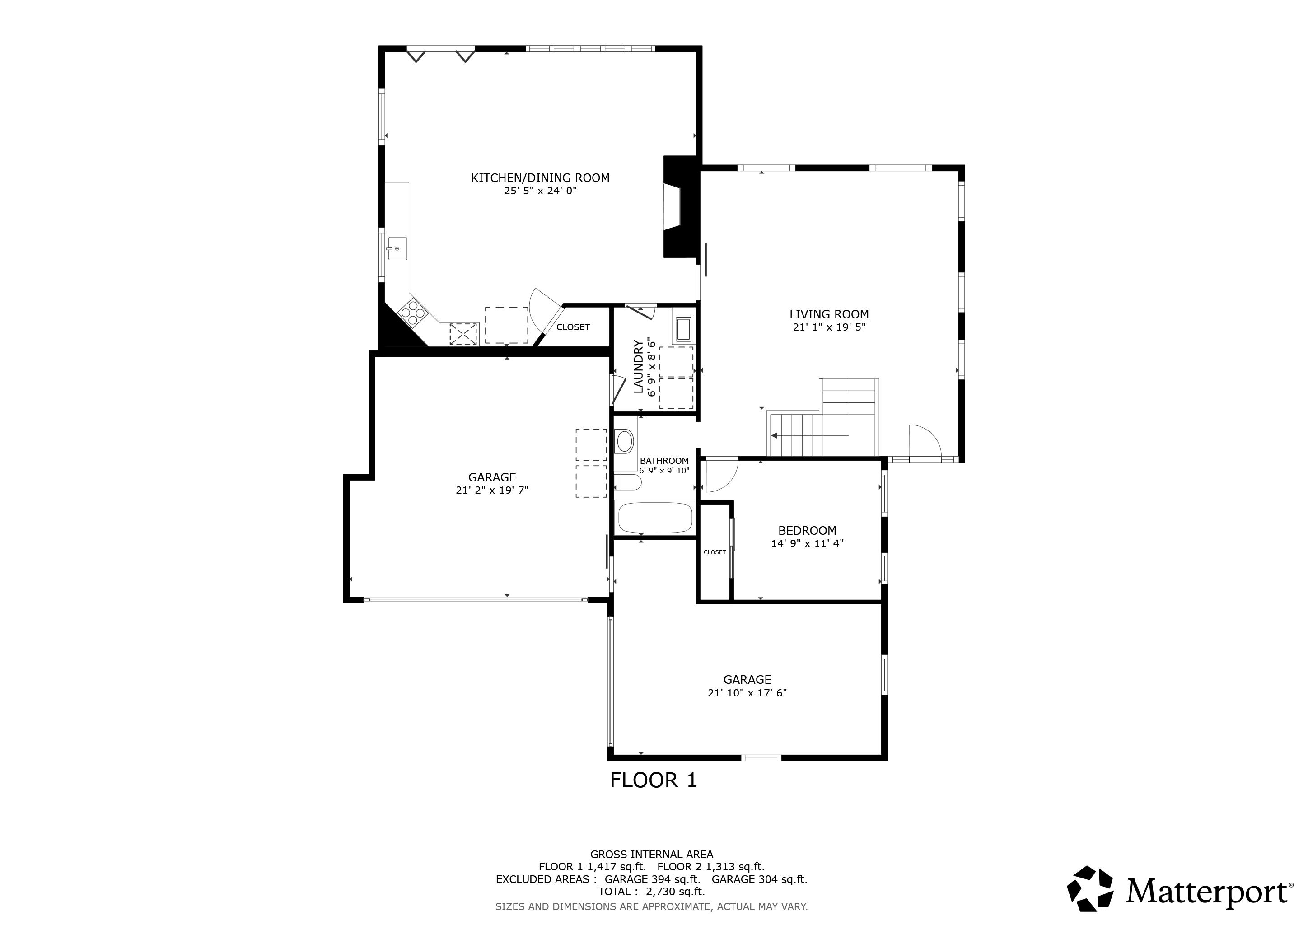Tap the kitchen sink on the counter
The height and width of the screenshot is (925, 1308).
pos(397,249)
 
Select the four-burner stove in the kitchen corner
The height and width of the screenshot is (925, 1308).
pos(413,313)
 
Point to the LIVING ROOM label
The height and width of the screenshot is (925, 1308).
pos(828,314)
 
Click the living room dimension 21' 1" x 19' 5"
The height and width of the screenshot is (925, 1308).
pos(828,327)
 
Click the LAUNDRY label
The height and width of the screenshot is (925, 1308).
pos(638,367)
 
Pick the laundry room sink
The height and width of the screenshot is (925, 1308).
pos(683,329)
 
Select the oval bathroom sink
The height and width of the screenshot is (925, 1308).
pos(625,441)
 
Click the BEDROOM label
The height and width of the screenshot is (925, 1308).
pos(807,530)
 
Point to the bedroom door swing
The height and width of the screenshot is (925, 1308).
pos(719,474)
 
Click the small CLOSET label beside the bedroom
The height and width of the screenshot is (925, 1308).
pos(715,552)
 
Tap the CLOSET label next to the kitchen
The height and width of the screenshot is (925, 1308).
pos(573,327)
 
